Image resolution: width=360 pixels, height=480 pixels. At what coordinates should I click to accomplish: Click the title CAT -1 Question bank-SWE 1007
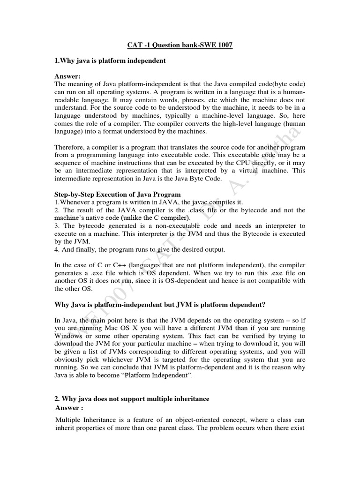(x=180, y=45)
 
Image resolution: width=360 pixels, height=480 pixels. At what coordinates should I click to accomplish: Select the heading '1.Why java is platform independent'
(x=110, y=61)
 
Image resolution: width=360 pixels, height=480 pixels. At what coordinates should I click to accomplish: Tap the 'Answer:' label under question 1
(x=68, y=76)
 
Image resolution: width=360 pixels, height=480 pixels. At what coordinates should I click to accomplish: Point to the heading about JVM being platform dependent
(x=166, y=304)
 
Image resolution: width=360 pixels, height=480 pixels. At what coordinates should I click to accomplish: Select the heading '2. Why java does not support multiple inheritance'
(x=132, y=398)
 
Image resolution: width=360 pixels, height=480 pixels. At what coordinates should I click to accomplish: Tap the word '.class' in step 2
(x=198, y=210)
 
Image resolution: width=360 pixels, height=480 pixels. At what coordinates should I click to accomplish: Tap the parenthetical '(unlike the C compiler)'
(x=155, y=218)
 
